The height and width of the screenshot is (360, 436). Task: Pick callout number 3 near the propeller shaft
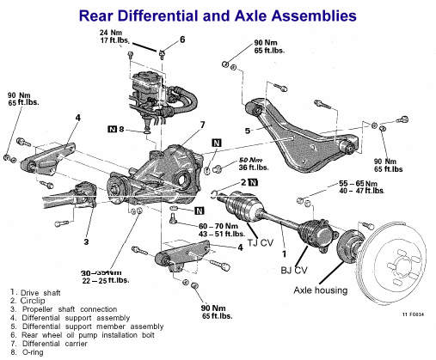coord(86,242)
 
